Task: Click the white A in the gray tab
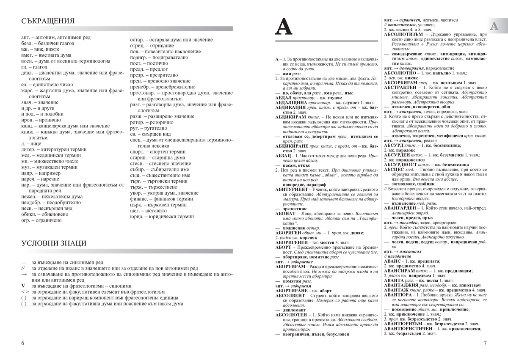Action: pyautogui.click(x=494, y=27)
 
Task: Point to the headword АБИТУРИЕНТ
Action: pyautogui.click(x=292, y=190)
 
